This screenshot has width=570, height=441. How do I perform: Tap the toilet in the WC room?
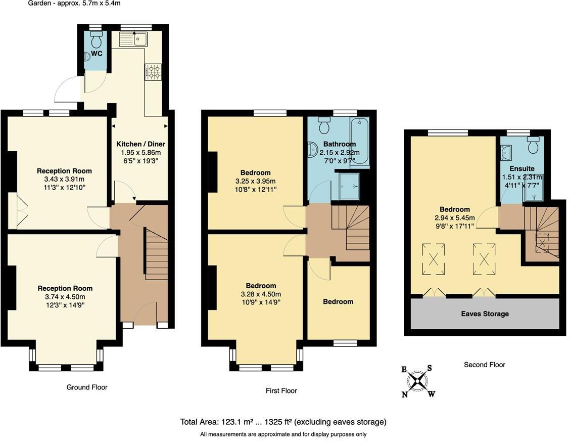coord(96,39)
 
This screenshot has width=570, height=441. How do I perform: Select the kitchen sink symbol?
coord(133,39)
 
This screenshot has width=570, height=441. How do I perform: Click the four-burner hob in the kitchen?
coord(154,72)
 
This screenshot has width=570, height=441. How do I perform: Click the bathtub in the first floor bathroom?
coord(360,141)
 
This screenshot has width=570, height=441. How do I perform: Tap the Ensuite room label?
coord(521,168)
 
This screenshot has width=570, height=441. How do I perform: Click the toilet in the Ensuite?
coord(533,145)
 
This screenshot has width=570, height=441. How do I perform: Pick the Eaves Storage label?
coord(485,314)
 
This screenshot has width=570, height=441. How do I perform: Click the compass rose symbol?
coord(418,381)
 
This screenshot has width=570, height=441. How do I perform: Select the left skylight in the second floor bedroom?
coord(434,259)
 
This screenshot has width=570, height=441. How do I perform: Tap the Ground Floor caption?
coord(87,387)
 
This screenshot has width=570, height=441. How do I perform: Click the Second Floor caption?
coord(484,365)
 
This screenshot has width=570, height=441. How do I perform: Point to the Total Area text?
coord(283,422)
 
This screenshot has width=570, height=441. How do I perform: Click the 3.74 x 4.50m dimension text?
coord(65,297)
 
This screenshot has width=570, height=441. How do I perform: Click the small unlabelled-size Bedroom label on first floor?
coord(338,301)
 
